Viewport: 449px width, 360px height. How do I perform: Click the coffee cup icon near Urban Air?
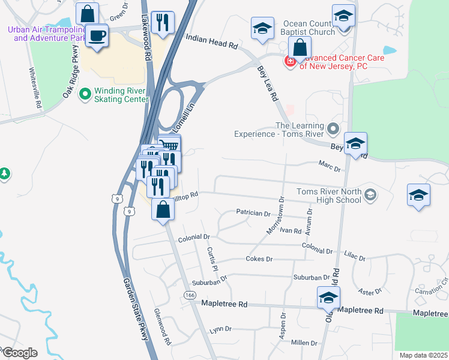coord(97,36)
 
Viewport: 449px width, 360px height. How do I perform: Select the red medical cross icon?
coord(289,61)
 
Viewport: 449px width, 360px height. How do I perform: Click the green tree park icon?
coord(4,173)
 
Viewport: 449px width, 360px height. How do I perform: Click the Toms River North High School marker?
coord(370,194)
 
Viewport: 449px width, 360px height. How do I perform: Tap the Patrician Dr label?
coord(253,213)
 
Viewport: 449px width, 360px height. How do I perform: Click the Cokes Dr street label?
coord(259,259)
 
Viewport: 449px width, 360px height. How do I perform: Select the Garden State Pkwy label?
coord(136,310)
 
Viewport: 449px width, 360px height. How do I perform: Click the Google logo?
coord(19,352)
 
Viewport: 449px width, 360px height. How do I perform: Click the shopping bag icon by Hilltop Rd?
coord(163,209)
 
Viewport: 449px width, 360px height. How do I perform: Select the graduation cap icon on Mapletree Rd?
coord(328,298)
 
